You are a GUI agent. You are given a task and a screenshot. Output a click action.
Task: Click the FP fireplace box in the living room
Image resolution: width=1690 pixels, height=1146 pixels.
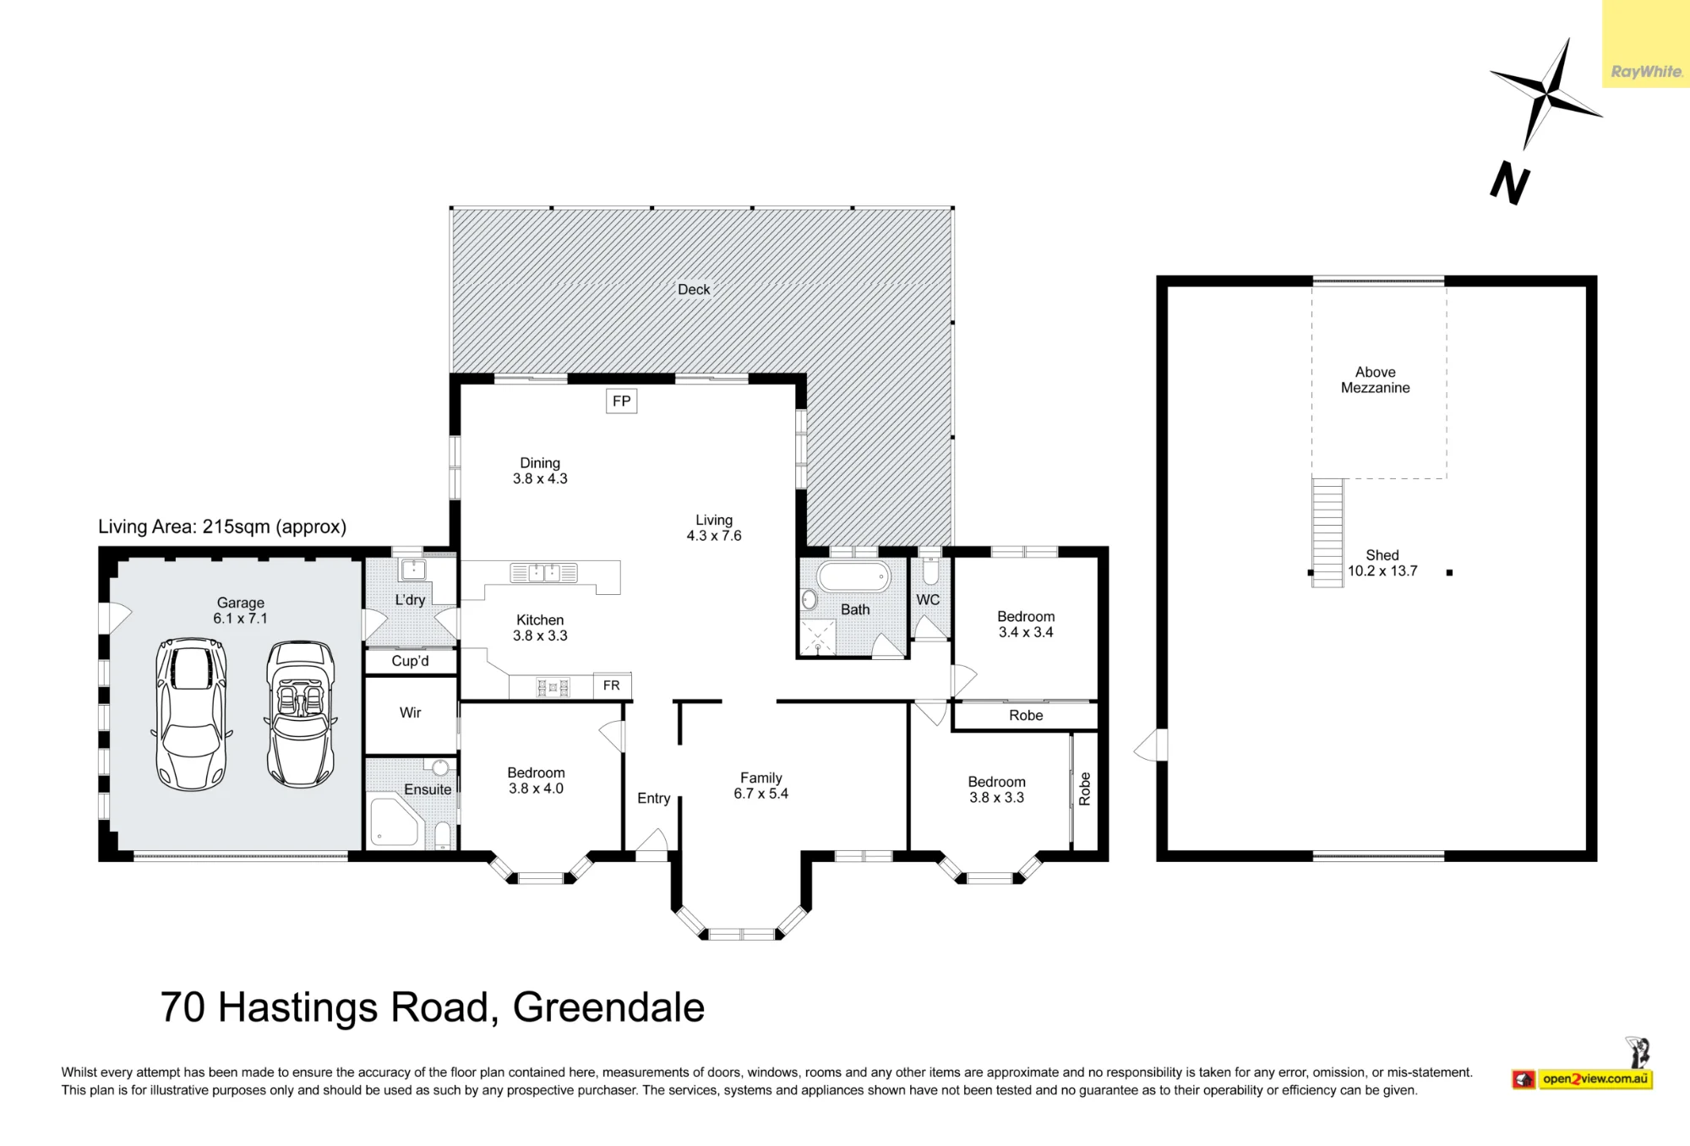coord(621,401)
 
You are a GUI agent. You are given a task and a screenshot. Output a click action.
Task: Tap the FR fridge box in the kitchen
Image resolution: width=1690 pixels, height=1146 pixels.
coord(612,685)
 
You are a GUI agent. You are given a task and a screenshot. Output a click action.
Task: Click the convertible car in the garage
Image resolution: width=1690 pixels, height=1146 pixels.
coord(300,714)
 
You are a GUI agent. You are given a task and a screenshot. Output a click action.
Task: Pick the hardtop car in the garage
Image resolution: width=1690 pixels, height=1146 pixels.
coord(191,714)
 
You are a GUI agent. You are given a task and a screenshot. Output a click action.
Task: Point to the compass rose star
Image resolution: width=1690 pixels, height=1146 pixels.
coord(1546,93)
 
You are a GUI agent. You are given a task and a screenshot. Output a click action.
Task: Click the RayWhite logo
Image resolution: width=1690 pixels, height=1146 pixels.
coord(1646,72)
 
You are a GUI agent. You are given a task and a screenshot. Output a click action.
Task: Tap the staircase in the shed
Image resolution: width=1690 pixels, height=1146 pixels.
coord(1327,532)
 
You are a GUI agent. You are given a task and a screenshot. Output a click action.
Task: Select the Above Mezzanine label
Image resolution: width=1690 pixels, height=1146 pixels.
coord(1375,380)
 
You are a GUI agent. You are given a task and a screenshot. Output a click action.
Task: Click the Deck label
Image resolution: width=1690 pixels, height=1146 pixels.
coord(694,290)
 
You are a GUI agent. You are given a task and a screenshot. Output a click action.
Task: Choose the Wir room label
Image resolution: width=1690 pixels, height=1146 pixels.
coord(411,712)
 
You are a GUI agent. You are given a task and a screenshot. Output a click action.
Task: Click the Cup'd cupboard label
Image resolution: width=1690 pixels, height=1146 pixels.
coord(410,661)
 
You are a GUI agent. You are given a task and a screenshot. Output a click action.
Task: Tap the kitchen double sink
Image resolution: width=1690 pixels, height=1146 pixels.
coord(544,573)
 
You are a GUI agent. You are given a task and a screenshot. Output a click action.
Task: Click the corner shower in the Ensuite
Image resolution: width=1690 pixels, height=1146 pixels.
coord(395,821)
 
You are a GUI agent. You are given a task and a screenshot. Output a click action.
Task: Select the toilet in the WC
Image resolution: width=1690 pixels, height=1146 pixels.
coord(929,571)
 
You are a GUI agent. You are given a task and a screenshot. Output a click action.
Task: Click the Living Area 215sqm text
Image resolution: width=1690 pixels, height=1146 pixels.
coord(222,527)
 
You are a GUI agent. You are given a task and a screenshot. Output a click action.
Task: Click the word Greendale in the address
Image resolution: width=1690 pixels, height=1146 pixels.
coord(608,1007)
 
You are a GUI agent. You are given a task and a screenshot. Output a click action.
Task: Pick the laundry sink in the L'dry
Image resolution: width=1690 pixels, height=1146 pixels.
coord(413,569)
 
